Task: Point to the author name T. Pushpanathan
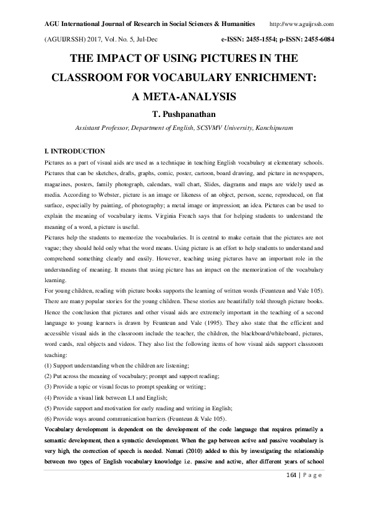pyautogui.click(x=184, y=115)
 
